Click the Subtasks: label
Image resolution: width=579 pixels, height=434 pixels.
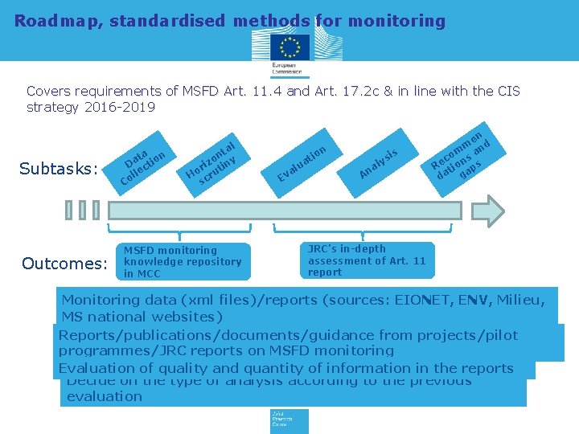coord(58,169)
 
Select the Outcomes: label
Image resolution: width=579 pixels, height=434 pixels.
coord(64,264)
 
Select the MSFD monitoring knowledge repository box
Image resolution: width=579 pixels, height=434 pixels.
coord(183,262)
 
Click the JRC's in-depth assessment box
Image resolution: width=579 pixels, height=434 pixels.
coord(368,260)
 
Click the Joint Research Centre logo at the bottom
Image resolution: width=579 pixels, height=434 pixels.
coord(289,420)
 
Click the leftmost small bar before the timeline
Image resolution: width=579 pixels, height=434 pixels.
coord(69,210)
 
